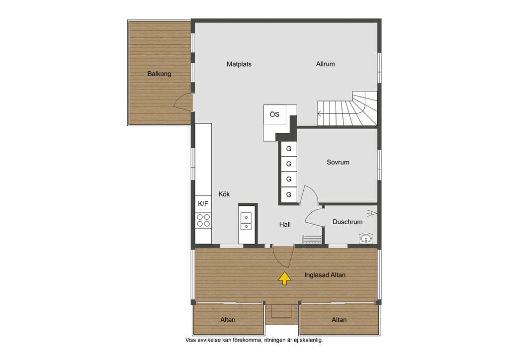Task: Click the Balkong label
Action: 159,74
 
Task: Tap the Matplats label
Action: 239,64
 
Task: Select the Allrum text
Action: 325,64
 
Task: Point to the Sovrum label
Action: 338,162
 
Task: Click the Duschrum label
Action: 347,222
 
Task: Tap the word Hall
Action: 285,224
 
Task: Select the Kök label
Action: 224,194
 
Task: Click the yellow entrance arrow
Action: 285,278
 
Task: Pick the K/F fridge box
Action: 203,204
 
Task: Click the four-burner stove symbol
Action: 203,220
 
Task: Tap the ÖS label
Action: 274,114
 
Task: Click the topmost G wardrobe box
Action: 289,149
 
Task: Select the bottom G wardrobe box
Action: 289,195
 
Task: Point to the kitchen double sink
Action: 246,221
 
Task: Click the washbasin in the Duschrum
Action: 366,238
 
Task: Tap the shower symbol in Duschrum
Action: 372,213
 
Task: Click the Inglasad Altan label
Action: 325,275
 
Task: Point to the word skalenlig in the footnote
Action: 311,340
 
